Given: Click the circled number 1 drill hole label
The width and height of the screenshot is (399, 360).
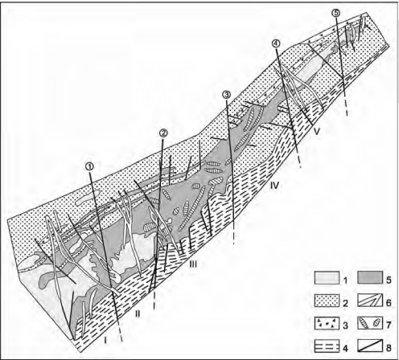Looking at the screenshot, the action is (x=91, y=166).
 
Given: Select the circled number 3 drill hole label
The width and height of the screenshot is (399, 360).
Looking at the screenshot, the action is (x=227, y=94).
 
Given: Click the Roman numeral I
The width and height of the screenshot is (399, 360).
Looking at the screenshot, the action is (x=105, y=340).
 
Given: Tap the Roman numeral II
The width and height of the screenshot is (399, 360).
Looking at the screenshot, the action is (x=138, y=313).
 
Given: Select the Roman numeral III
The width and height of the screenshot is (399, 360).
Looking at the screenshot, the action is (x=193, y=264).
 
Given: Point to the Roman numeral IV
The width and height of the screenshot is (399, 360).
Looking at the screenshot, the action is (x=274, y=185).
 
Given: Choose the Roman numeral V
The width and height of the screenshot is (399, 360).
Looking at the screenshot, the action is (x=317, y=131).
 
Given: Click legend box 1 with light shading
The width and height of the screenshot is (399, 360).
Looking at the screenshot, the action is (x=327, y=278).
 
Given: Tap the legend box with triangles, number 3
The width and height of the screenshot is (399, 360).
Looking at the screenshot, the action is (x=327, y=324).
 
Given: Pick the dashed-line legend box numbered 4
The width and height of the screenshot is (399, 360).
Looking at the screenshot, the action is (x=327, y=346).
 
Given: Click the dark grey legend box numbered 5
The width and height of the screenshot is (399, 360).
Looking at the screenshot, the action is (x=370, y=278).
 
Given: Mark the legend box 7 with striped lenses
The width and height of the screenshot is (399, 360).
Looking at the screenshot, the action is (x=370, y=324).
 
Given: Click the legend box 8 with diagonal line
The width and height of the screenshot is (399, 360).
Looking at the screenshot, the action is (x=370, y=346).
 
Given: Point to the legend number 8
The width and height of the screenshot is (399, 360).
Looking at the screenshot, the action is (x=389, y=348).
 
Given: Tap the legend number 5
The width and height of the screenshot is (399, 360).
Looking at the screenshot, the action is (x=389, y=280).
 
